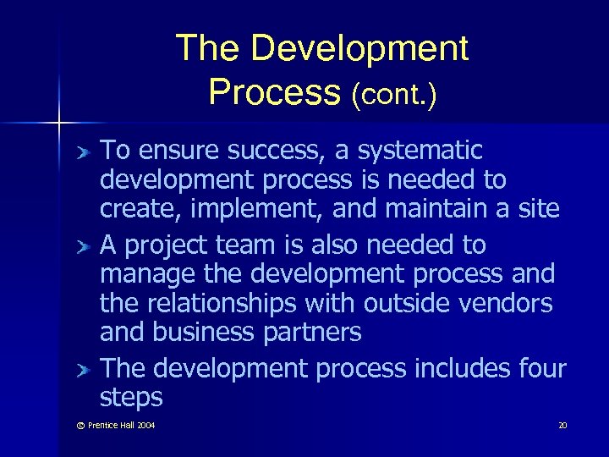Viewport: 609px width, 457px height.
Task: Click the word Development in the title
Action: coord(359,49)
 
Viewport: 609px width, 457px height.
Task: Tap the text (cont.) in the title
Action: coord(395,94)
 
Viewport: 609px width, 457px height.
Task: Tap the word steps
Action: coord(131,398)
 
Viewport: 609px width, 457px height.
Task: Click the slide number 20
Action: coord(562,425)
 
